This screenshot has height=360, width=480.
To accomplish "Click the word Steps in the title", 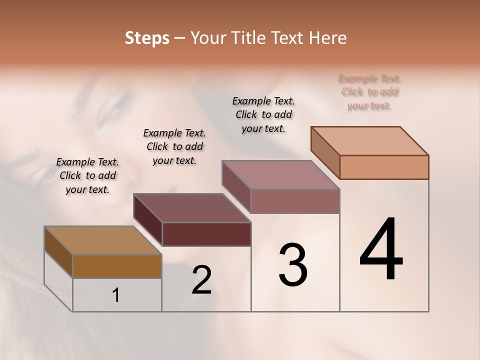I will [146, 38].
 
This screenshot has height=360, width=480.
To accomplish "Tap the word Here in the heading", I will [326, 38].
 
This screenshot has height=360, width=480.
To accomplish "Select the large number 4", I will [381, 250].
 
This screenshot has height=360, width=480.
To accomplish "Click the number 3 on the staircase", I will [293, 265].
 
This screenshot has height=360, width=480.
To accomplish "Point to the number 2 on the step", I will [201, 280].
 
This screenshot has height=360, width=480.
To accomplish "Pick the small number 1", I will [116, 295].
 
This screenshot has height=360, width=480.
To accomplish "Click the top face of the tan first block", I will [103, 240].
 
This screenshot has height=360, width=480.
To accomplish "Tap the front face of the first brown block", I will [117, 266].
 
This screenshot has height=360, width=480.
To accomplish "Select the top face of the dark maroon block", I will [192, 207].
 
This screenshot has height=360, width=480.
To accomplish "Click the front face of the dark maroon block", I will [206, 234].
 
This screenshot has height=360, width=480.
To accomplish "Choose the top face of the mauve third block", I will [281, 174].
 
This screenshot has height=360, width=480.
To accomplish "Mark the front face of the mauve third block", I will [295, 201].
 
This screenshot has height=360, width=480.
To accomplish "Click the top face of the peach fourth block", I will [370, 140].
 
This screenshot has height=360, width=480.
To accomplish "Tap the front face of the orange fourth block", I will [384, 167].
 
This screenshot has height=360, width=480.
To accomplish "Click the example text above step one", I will [87, 175].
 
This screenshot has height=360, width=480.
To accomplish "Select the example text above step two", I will [174, 146].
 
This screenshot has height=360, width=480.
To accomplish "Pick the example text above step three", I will [263, 114].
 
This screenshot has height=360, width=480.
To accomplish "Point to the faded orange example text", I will [370, 92].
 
